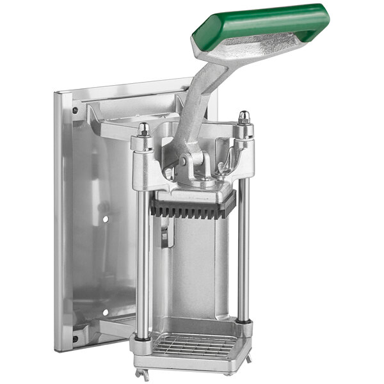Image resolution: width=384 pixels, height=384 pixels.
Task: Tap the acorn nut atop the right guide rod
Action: pos(244,118)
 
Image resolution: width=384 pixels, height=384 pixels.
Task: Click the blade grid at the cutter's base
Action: pos(195,346)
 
